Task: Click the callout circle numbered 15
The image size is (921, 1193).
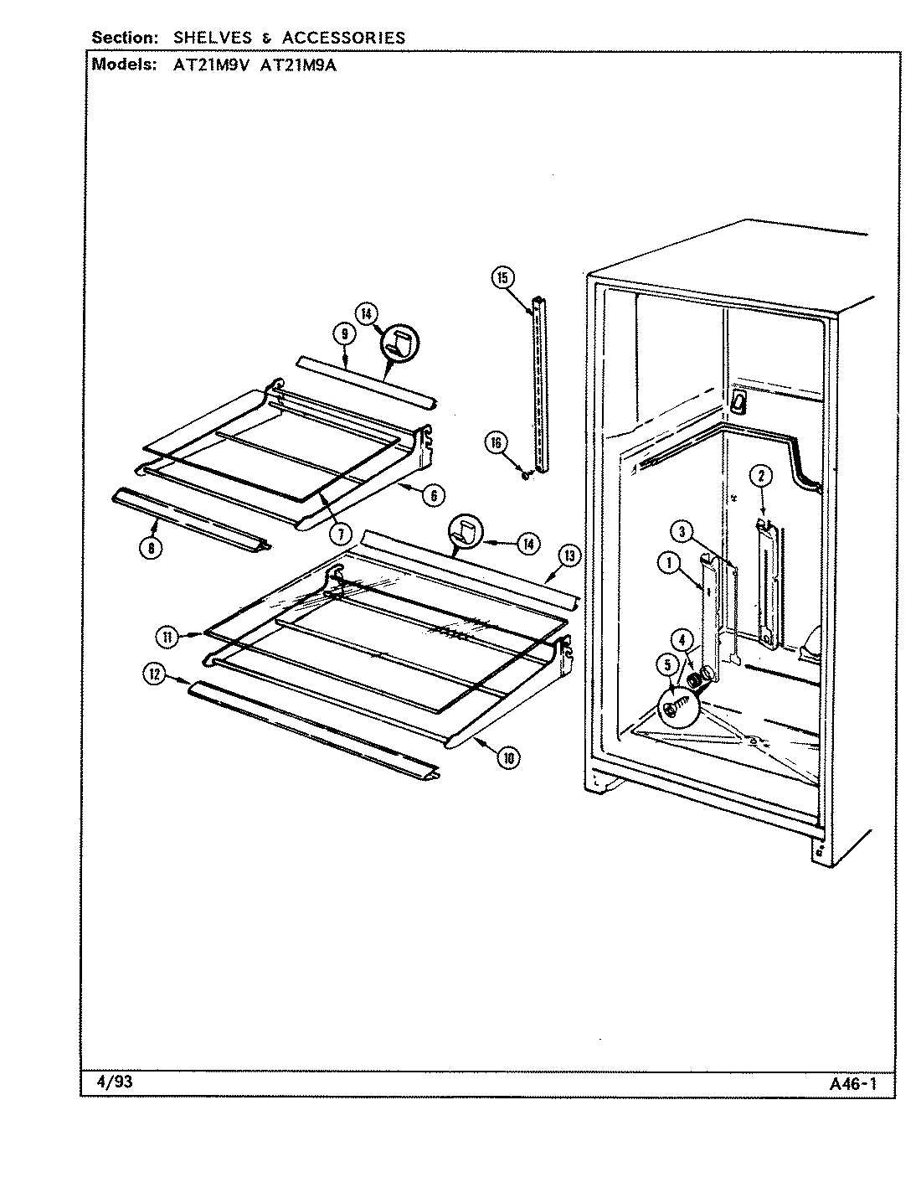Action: click(502, 279)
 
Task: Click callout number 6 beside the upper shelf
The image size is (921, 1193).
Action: click(432, 495)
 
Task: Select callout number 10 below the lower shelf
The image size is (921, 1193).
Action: click(507, 758)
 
